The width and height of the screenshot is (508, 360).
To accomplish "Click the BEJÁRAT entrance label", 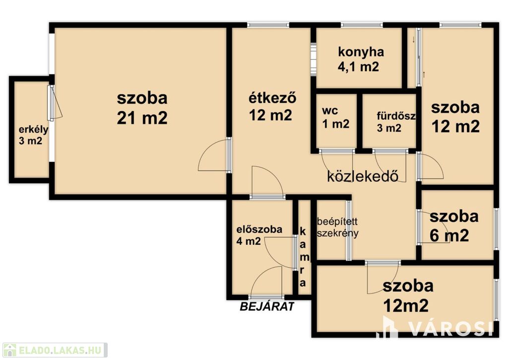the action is (267, 306).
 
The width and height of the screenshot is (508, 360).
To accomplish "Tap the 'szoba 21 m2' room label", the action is (142, 108).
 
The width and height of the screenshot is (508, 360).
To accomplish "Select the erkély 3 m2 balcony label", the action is (33, 135).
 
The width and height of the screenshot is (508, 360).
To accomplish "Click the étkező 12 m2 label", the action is (272, 106).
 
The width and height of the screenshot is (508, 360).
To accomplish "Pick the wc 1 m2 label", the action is (336, 117).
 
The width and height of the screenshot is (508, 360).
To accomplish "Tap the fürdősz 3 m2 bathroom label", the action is (396, 122).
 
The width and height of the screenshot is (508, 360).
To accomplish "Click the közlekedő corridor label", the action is (363, 176).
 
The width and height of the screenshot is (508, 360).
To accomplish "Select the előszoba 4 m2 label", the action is (259, 235).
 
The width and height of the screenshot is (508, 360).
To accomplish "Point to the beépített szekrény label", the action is (337, 227).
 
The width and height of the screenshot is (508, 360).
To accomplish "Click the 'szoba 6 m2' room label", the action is (453, 226).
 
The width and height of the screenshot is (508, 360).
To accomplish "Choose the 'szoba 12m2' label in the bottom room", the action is (408, 295).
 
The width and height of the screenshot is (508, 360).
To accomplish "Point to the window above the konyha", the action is (361, 25).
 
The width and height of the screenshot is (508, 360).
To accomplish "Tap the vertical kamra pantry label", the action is (303, 257).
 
